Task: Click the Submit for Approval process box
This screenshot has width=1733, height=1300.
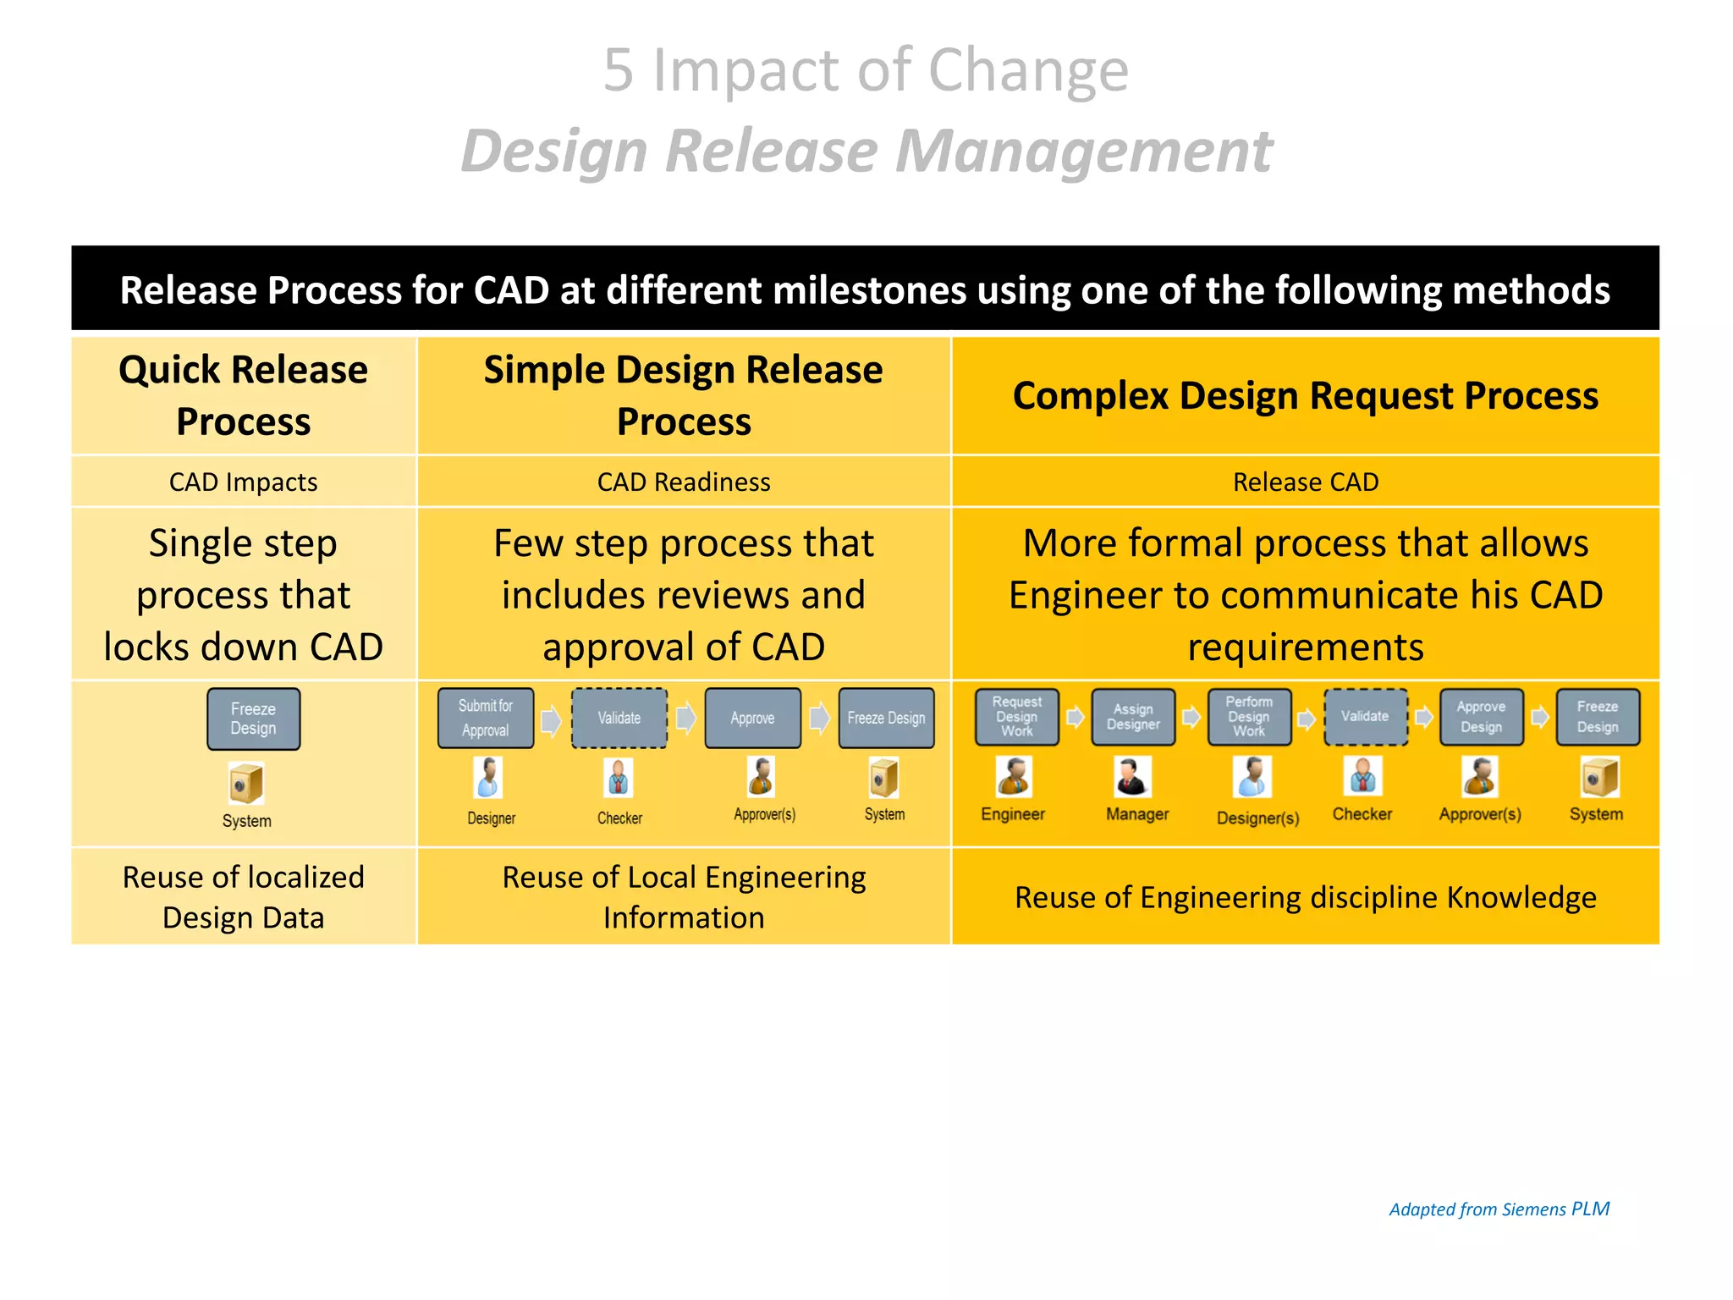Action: [486, 718]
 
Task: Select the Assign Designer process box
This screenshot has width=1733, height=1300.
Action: [1133, 717]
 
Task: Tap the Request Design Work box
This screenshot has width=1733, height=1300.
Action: [1016, 717]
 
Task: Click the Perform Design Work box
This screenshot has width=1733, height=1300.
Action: [1249, 717]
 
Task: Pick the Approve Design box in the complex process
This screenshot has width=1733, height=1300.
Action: [1481, 717]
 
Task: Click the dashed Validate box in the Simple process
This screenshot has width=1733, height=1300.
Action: [619, 718]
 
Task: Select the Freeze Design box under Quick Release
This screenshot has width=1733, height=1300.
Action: [253, 719]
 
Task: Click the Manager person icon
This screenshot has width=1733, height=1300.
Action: [1132, 777]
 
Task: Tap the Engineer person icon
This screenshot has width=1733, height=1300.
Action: [1013, 777]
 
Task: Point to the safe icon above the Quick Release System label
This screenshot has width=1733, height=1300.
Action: [246, 783]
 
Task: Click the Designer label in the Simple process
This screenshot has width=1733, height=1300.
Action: [491, 818]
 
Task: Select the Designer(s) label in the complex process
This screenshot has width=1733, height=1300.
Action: [1257, 818]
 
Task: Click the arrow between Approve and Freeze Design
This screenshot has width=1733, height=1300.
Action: [819, 719]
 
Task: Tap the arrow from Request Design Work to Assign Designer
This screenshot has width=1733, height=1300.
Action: [1075, 718]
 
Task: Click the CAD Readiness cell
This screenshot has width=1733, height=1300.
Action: [684, 482]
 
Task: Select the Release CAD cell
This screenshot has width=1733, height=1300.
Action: [1305, 482]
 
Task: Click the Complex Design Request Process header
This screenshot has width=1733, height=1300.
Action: [1305, 395]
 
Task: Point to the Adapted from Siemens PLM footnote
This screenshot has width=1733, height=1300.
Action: [1499, 1209]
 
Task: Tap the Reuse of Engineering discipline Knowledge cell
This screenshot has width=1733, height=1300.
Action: [1305, 897]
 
